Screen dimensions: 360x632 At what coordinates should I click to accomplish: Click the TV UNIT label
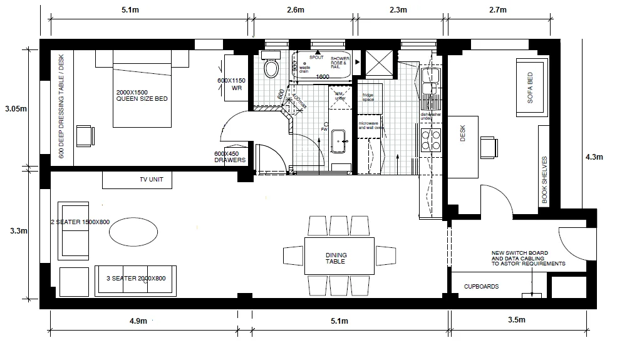[x=151, y=180]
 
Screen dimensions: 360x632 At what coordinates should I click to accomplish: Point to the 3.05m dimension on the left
[x=16, y=108]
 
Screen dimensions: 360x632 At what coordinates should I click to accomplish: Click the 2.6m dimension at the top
[x=295, y=10]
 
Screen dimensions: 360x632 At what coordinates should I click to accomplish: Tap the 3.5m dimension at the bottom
[x=517, y=321]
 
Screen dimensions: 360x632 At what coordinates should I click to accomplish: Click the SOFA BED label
[x=531, y=88]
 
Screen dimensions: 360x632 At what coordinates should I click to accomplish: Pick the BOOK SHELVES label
[x=544, y=180]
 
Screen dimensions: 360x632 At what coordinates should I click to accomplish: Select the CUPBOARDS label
[x=481, y=286]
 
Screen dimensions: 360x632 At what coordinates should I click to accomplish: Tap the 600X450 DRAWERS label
[x=230, y=157]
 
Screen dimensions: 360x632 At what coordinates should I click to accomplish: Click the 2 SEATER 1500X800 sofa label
[x=80, y=222]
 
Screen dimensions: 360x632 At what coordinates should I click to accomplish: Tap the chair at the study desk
[x=489, y=147]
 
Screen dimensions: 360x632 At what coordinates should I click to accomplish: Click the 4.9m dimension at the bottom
[x=138, y=321]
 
